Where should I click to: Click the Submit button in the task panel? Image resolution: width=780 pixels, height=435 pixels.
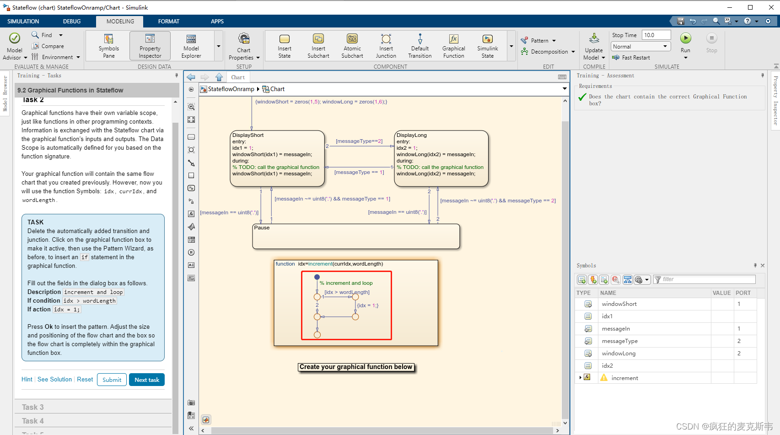(x=112, y=380)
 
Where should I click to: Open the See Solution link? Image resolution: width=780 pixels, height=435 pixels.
(x=54, y=379)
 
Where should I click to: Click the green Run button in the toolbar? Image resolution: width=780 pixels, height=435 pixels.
(x=685, y=38)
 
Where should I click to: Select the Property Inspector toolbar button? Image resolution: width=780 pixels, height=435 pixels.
(x=150, y=45)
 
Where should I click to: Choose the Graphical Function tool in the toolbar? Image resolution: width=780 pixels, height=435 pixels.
(x=453, y=45)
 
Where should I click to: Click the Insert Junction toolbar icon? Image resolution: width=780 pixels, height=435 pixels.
(x=386, y=45)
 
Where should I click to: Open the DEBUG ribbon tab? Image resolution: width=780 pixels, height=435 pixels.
(x=72, y=22)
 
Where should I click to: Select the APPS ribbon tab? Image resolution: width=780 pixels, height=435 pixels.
(x=217, y=22)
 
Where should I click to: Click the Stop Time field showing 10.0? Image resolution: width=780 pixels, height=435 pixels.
(x=656, y=35)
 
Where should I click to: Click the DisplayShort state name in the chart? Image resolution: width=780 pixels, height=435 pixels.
(x=248, y=135)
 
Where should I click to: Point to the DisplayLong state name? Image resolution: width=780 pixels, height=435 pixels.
(x=412, y=135)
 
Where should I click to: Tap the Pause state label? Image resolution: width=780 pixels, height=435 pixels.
(x=262, y=228)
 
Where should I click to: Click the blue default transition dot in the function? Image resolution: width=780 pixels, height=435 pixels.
(x=317, y=277)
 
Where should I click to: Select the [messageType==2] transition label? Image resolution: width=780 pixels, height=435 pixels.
(x=359, y=141)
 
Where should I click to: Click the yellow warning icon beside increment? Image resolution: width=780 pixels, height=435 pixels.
(x=604, y=378)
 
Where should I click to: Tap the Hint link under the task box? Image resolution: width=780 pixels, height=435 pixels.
(x=27, y=379)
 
